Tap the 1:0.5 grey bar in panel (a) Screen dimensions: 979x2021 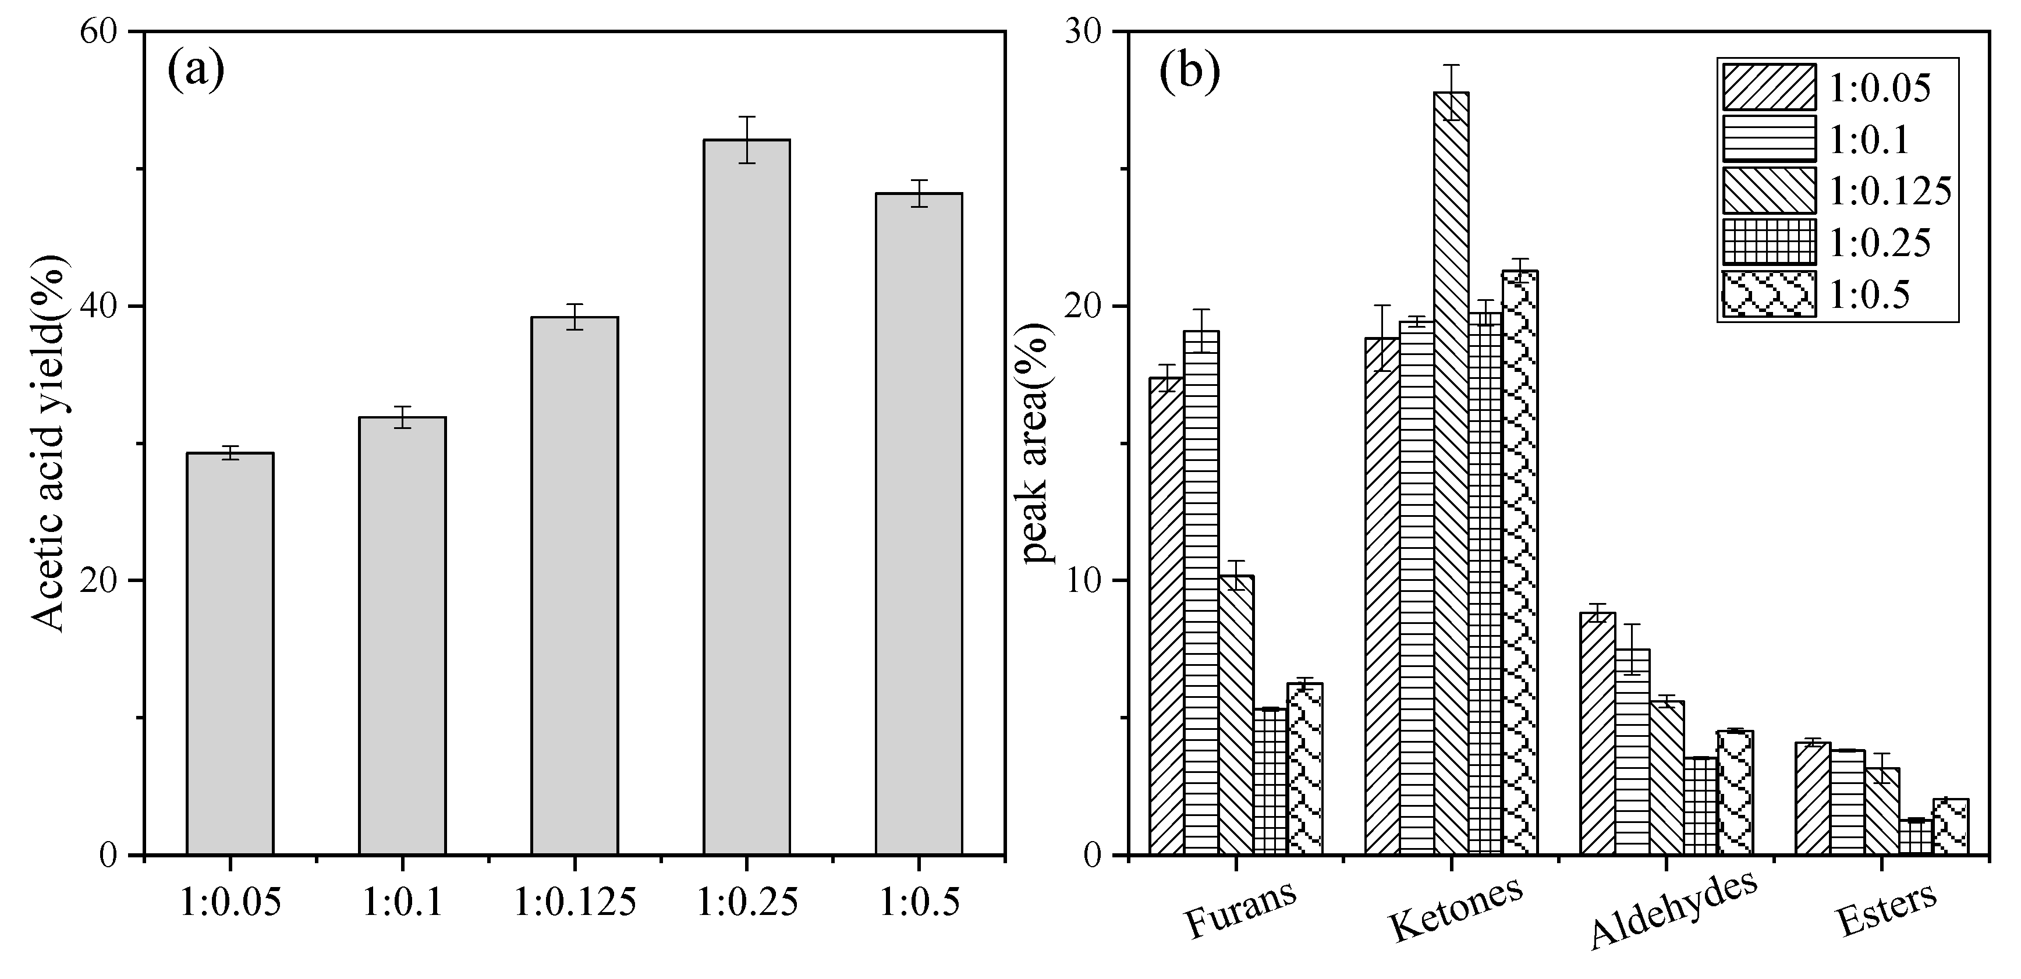pyautogui.click(x=919, y=523)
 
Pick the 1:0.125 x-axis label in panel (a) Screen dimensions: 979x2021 pyautogui.click(x=575, y=903)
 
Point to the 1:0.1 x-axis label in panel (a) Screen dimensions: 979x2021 pyautogui.click(x=402, y=903)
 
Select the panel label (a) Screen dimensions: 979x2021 pyautogui.click(x=196, y=72)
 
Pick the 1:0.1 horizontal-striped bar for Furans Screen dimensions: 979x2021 pyautogui.click(x=1201, y=593)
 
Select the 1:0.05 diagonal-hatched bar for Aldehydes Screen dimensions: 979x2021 pyautogui.click(x=1597, y=733)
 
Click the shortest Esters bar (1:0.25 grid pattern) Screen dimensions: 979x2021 pyautogui.click(x=1916, y=837)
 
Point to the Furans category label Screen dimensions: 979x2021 pyautogui.click(x=1240, y=910)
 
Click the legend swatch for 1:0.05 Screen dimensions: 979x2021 pyautogui.click(x=1768, y=86)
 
